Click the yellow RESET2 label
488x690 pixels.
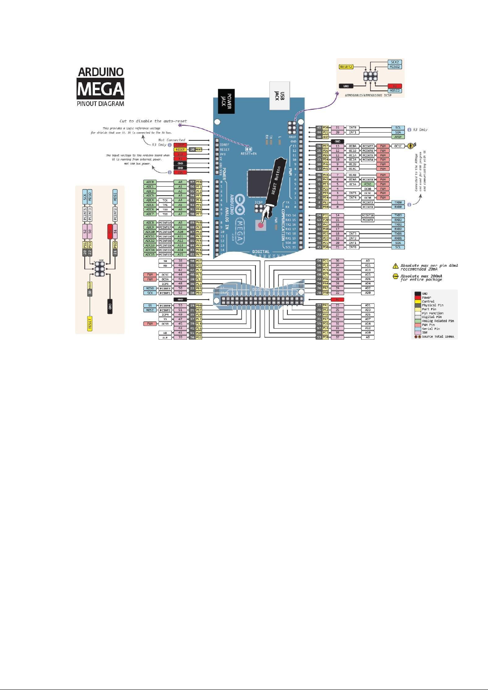coord(346,67)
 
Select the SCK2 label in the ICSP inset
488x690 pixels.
coord(395,62)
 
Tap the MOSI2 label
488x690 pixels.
coord(395,90)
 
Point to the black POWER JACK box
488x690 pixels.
coord(226,101)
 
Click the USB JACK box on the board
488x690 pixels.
coord(279,96)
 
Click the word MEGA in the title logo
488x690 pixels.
coord(100,89)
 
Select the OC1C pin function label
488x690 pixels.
coord(398,146)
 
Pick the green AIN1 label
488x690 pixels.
coord(368,184)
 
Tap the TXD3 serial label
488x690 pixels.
coord(398,215)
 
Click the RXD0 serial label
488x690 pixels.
coord(398,207)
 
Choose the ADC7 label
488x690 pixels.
coord(150,214)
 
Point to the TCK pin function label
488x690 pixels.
coord(165,201)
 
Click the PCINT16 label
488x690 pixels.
coord(165,223)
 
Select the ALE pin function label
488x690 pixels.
coord(165,338)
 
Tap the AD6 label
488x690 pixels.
coord(368,279)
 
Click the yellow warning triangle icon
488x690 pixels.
coord(395,266)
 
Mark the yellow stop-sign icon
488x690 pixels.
coord(395,277)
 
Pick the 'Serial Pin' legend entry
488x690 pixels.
coord(431,329)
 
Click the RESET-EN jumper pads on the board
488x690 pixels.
coord(248,149)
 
